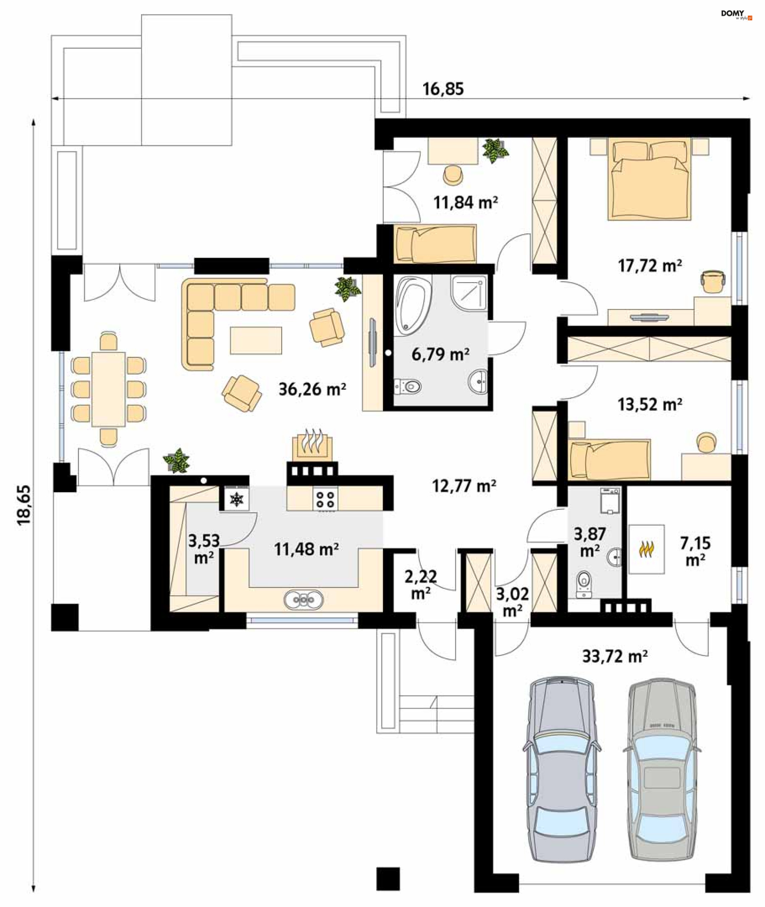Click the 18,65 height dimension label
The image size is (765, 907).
pyautogui.click(x=24, y=505)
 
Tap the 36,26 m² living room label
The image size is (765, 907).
pyautogui.click(x=312, y=389)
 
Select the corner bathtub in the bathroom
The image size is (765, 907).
pyautogui.click(x=412, y=306)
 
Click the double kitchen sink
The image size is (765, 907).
pyautogui.click(x=304, y=600)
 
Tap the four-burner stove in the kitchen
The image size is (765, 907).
pyautogui.click(x=325, y=499)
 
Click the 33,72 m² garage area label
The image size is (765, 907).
pyautogui.click(x=615, y=656)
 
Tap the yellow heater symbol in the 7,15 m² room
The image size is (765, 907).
pyautogui.click(x=646, y=549)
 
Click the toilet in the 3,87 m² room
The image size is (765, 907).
pyautogui.click(x=584, y=583)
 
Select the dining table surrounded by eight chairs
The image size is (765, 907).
pyautogui.click(x=108, y=389)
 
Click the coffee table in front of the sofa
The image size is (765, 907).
pyautogui.click(x=256, y=340)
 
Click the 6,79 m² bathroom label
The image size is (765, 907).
pyautogui.click(x=441, y=354)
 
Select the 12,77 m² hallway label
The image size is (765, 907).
pyautogui.click(x=464, y=486)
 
